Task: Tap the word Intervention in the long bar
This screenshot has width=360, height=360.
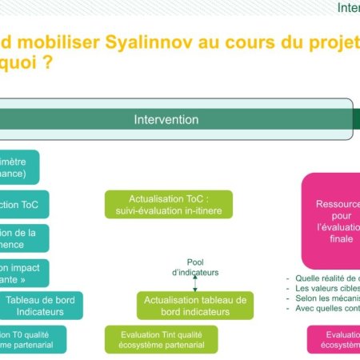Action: pyautogui.click(x=166, y=119)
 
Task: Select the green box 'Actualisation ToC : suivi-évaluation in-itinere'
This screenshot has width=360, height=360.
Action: pyautogui.click(x=168, y=205)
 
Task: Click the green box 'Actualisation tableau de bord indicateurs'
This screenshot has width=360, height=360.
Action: pyautogui.click(x=194, y=306)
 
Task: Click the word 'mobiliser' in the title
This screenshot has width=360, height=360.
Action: pyautogui.click(x=50, y=41)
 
